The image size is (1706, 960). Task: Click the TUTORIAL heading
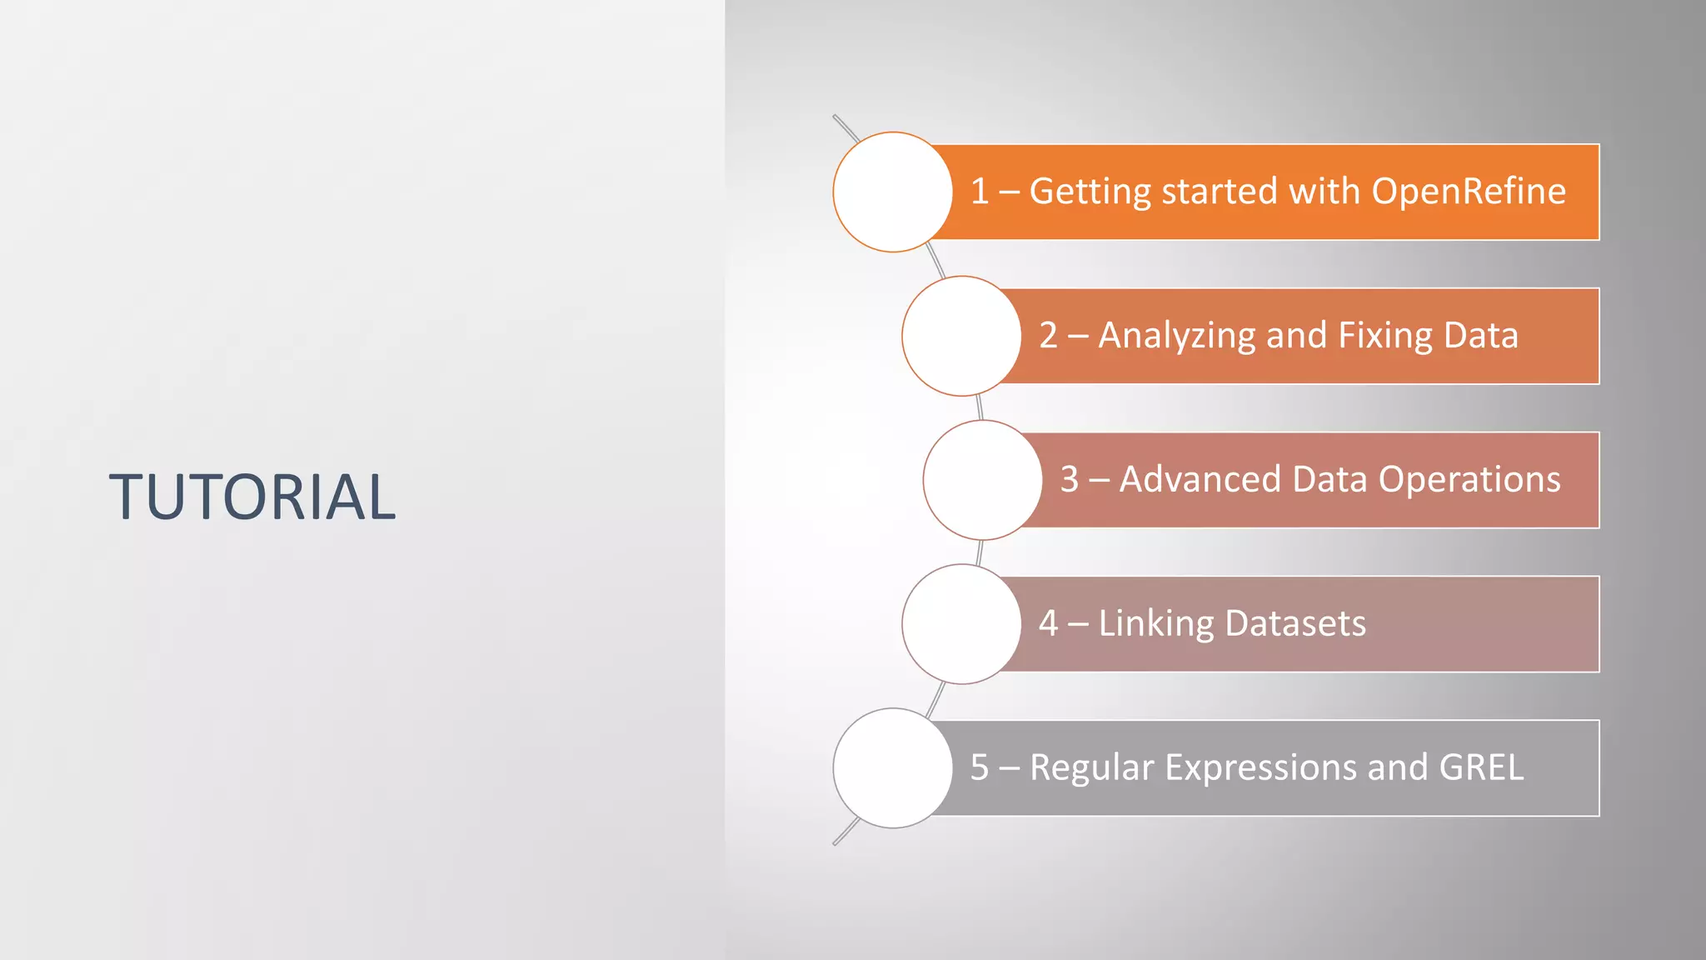(x=252, y=497)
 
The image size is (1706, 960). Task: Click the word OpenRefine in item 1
(x=1468, y=192)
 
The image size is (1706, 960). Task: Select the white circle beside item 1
(x=892, y=192)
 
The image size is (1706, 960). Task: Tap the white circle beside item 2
(x=961, y=336)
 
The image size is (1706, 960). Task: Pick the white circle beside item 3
(x=982, y=480)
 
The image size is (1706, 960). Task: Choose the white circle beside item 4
(x=961, y=624)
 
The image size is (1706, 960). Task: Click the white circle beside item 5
(x=892, y=768)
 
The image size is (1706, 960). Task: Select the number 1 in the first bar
(x=980, y=192)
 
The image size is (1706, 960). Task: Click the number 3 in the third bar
(x=1070, y=480)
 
